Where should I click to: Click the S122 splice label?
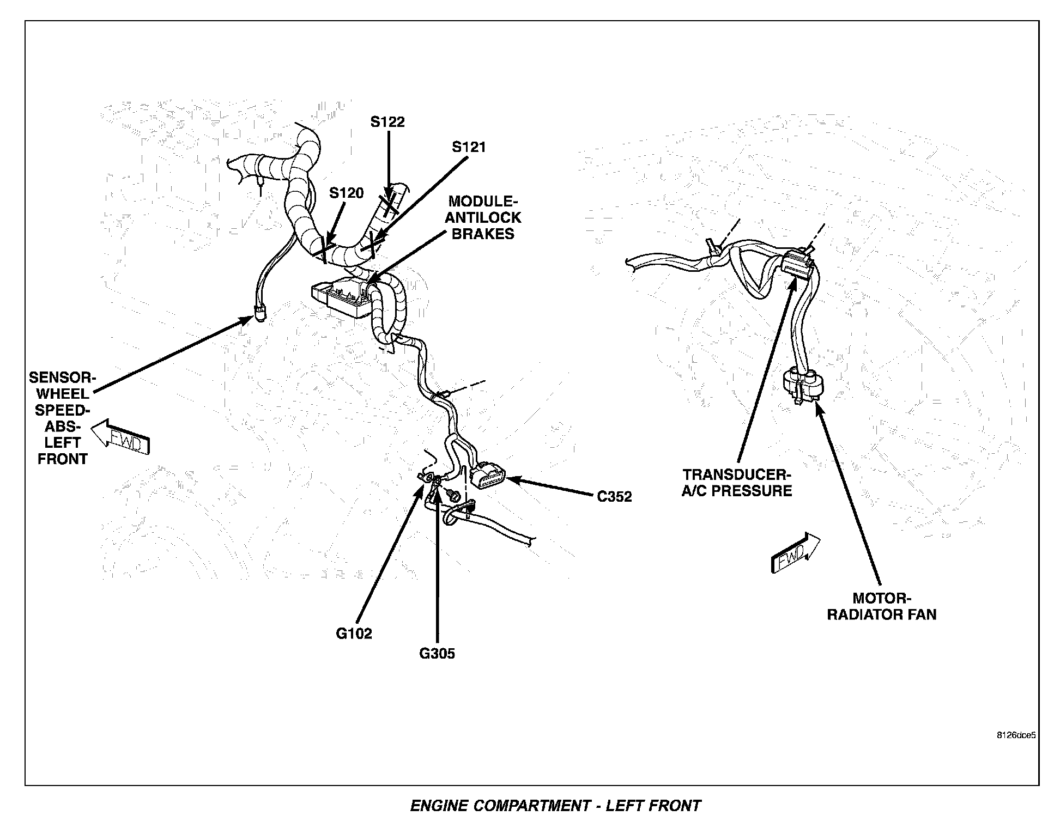point(387,121)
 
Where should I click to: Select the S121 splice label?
point(469,147)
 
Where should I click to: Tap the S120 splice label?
point(346,193)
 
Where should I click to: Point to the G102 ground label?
point(354,634)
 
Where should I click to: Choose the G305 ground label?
point(437,653)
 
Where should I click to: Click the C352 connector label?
point(614,497)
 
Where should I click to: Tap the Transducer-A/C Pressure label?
point(737,483)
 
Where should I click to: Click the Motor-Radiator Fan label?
point(882,606)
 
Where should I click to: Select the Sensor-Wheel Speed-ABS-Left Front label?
point(62,418)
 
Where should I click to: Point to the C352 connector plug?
point(489,477)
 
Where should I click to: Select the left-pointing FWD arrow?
point(120,437)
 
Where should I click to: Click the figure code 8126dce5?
point(1016,734)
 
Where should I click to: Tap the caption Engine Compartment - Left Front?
point(555,806)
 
